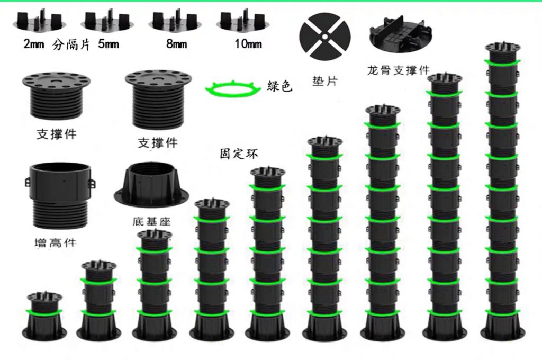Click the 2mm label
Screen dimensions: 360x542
point(33,45)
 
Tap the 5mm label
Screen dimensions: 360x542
point(108,45)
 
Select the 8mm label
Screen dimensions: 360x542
point(177,44)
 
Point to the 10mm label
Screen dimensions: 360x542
point(248,44)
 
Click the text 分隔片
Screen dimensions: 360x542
point(71,45)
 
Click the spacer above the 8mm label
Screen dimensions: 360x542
point(171,22)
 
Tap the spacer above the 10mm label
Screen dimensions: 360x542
point(241,22)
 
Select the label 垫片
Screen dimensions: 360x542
point(324,81)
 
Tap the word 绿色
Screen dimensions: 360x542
point(280,86)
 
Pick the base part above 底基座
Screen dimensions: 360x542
point(150,186)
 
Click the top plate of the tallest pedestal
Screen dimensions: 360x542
point(503,48)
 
